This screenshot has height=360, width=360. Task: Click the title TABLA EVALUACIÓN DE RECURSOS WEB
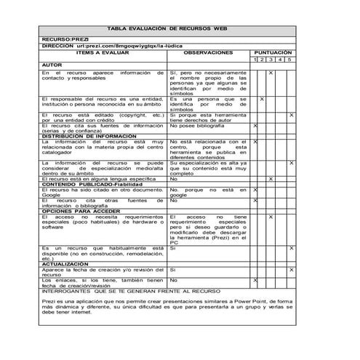(x=167, y=28)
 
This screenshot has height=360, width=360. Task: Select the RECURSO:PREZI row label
(x=65, y=39)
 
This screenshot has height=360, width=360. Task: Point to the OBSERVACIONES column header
(x=209, y=52)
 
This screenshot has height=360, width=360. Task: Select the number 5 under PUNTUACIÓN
(x=289, y=59)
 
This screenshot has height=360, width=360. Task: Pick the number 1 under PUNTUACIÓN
(x=255, y=59)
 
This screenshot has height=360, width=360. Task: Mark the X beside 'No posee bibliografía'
(x=255, y=126)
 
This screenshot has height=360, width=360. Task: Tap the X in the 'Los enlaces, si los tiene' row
(x=255, y=280)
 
